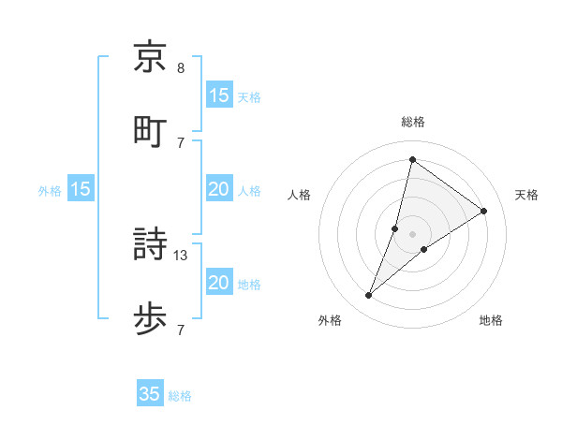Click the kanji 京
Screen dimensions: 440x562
point(150,58)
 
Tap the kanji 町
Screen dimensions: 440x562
point(150,130)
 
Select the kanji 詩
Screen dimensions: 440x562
point(150,246)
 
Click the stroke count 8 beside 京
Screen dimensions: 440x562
point(180,68)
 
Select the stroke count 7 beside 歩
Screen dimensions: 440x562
point(180,329)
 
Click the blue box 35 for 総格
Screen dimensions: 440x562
point(150,394)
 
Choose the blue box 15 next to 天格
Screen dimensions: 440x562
point(219,95)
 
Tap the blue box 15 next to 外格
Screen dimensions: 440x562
point(81,189)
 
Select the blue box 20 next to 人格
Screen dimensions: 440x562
point(219,189)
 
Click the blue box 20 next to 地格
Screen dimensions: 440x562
point(219,283)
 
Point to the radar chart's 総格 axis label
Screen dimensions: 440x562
point(412,122)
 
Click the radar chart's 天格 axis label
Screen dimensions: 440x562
point(526,195)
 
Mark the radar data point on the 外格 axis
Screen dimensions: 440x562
point(369,296)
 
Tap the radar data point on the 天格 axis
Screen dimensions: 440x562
point(484,211)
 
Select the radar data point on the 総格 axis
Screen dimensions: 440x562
point(412,159)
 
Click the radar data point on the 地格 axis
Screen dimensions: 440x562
point(424,249)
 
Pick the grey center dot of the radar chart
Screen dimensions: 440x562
point(412,233)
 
